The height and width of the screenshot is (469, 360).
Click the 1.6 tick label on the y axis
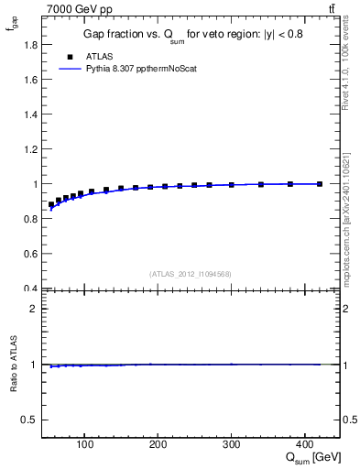31,80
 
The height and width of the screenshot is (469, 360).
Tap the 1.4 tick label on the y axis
31,115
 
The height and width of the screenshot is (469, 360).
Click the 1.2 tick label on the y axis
31,149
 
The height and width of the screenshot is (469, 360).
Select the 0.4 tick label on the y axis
31,289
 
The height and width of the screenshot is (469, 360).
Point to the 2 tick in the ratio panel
34,309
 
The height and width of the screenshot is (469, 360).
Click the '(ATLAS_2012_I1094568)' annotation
191,274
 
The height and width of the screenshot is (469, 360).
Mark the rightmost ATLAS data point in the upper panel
319,184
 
